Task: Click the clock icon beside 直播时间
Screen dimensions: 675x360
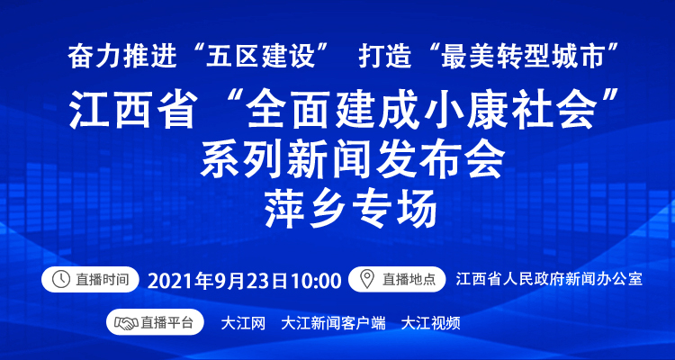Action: [60, 280]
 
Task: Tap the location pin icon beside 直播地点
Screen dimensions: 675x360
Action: [367, 280]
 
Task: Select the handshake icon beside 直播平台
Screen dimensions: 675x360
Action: [126, 322]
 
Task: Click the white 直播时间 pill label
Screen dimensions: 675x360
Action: [90, 280]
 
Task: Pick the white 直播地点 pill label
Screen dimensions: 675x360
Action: [397, 280]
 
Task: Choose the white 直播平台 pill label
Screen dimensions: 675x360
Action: [155, 322]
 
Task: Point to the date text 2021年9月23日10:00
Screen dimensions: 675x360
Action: [245, 281]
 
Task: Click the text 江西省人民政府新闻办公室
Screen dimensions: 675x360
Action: [549, 279]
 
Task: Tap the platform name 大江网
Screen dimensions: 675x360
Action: [243, 323]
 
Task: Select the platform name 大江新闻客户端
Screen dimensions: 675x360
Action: [333, 323]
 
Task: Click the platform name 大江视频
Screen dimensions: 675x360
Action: [430, 323]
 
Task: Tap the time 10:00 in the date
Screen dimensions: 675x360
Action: [316, 281]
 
